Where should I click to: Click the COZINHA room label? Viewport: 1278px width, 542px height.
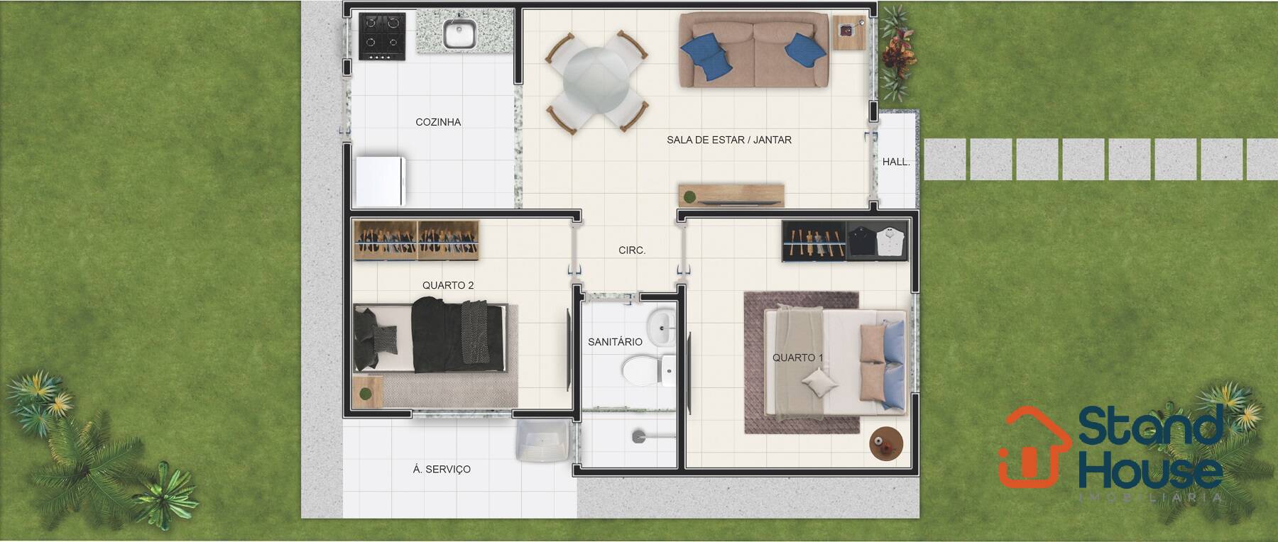tap(438, 122)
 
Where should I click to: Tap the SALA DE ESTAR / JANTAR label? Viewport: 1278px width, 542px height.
tap(728, 140)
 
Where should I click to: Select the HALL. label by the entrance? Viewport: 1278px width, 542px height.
tap(896, 162)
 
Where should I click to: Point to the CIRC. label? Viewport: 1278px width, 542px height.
tap(632, 250)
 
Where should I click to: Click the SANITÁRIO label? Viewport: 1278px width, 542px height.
tap(615, 342)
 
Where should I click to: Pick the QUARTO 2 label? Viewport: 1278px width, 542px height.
tap(448, 285)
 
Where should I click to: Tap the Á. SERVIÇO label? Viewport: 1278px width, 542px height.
tap(442, 469)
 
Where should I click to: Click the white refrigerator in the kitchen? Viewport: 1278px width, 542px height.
tap(380, 180)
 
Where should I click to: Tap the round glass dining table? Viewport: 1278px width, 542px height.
tap(596, 81)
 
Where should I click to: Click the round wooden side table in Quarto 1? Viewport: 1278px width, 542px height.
tap(886, 443)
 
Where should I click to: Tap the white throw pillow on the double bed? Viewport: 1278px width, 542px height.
tap(819, 385)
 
